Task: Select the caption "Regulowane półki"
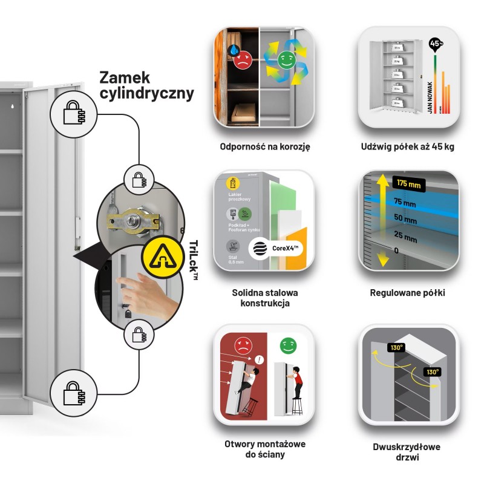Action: click(x=407, y=293)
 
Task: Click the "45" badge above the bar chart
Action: click(x=435, y=44)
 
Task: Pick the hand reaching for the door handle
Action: click(x=137, y=290)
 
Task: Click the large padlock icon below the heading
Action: click(x=73, y=111)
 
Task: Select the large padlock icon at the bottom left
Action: click(x=73, y=393)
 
